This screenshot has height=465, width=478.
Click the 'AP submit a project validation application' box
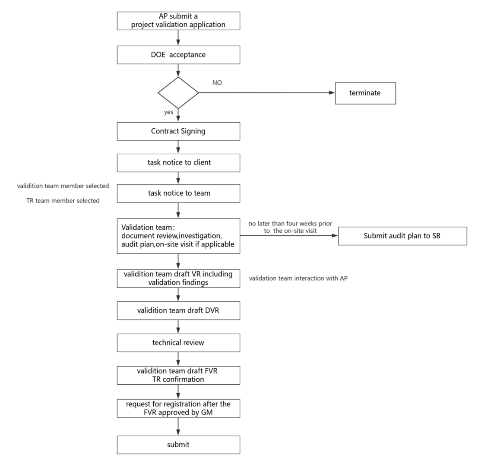pyautogui.click(x=178, y=20)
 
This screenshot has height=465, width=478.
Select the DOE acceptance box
pyautogui.click(x=178, y=55)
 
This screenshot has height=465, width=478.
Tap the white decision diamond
pyautogui.click(x=178, y=92)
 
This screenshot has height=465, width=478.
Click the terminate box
pyautogui.click(x=365, y=93)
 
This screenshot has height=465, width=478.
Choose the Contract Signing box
pyautogui.click(x=178, y=131)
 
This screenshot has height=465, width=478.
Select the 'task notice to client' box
pyautogui.click(x=178, y=162)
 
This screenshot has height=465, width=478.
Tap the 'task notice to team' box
pyautogui.click(x=178, y=193)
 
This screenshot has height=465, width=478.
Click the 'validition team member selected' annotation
pyautogui.click(x=63, y=186)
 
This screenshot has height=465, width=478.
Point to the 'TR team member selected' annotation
pyautogui.click(x=63, y=201)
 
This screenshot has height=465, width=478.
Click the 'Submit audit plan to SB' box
pyautogui.click(x=402, y=236)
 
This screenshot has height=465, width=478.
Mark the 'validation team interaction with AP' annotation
pyautogui.click(x=298, y=278)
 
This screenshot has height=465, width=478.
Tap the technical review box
pyautogui.click(x=178, y=342)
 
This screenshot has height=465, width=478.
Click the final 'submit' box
pyautogui.click(x=178, y=444)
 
